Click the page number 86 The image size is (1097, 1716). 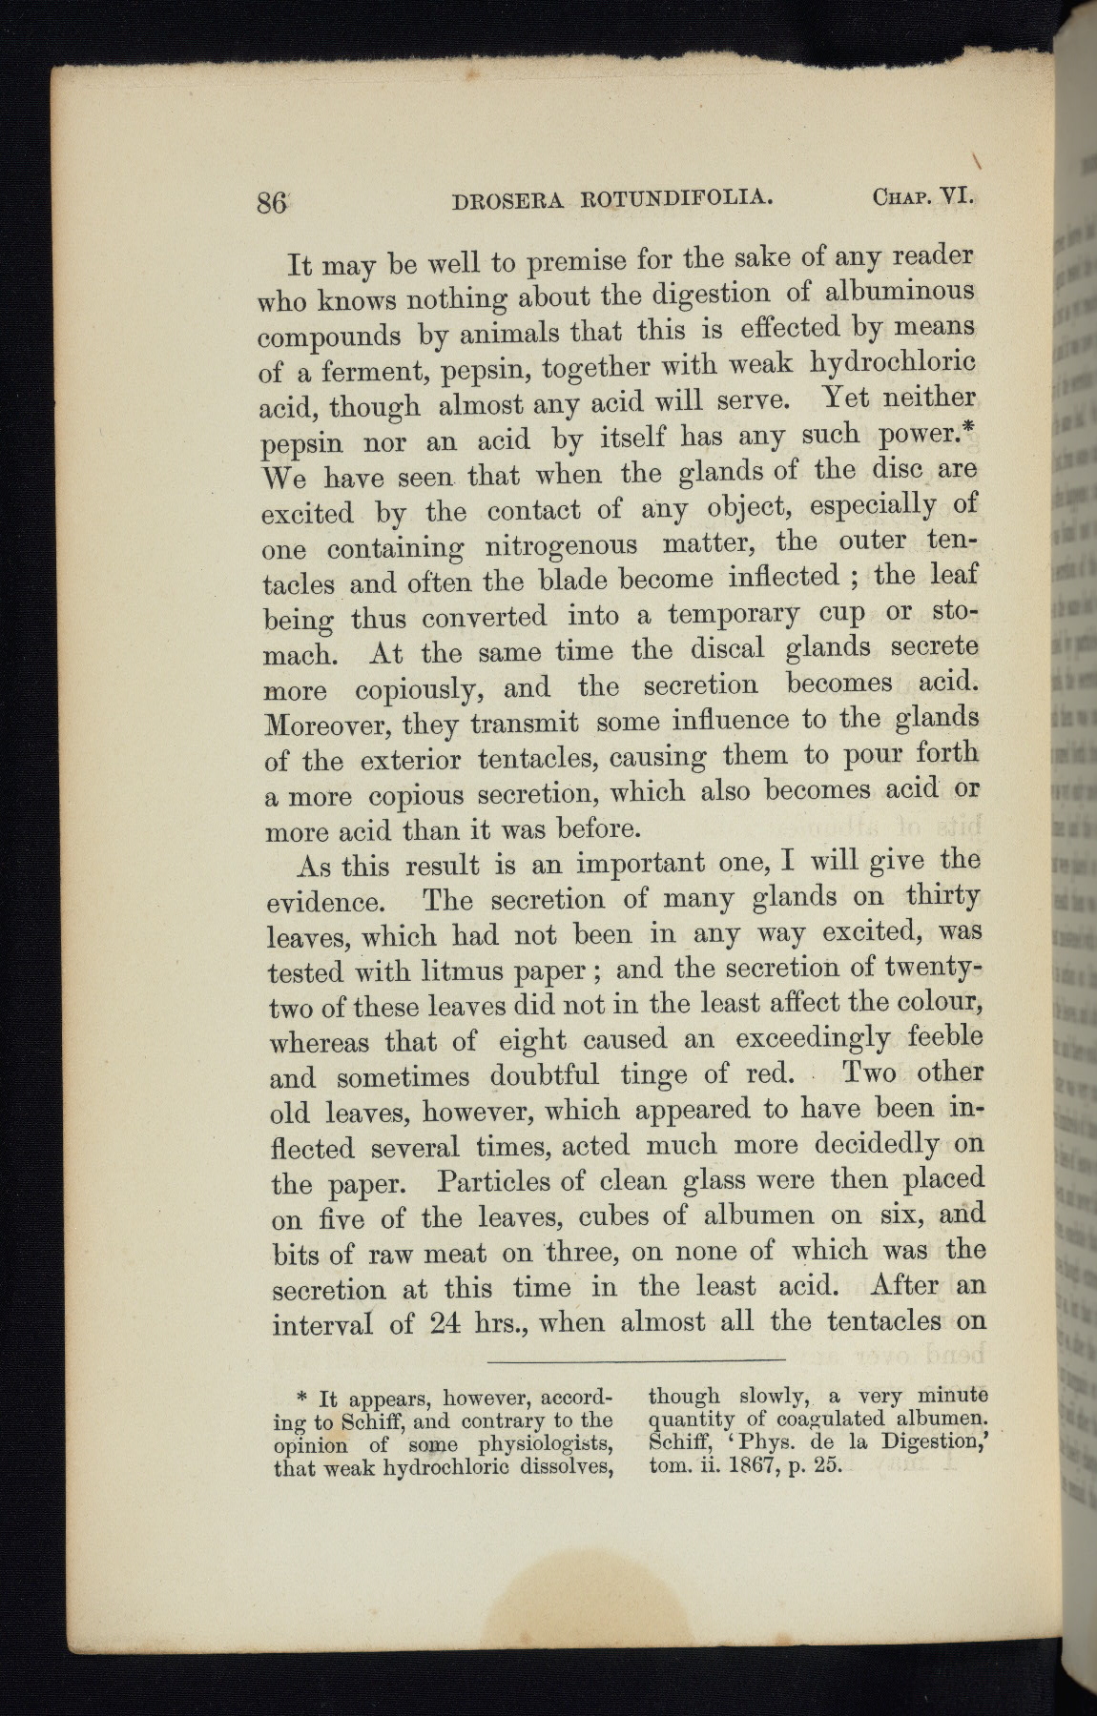coord(273,204)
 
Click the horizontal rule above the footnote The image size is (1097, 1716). coord(634,1358)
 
